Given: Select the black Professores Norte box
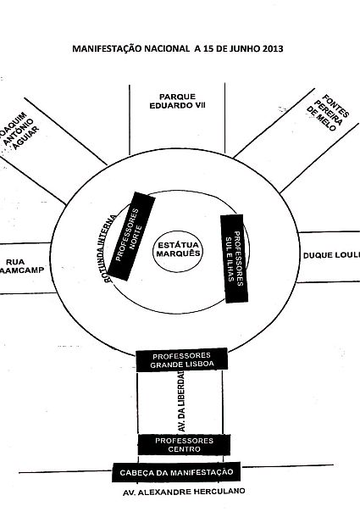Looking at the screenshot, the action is [x=131, y=237].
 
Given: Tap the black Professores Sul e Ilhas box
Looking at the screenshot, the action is [x=234, y=259].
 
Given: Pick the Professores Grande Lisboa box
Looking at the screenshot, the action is [x=181, y=359].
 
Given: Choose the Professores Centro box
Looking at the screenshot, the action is [x=184, y=445].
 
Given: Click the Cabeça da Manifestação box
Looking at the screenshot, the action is [x=176, y=472].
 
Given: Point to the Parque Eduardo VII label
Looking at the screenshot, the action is [x=178, y=101].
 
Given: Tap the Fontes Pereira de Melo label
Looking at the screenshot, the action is [x=328, y=113].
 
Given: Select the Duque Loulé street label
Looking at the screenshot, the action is [x=331, y=255].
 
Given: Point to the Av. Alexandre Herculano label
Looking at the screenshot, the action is [x=184, y=492].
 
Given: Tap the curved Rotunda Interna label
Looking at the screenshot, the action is [x=108, y=248].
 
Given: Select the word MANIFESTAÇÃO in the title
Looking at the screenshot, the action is [x=107, y=48].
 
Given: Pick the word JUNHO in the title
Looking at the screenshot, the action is [x=243, y=48].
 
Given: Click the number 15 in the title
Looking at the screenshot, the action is [x=208, y=48].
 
